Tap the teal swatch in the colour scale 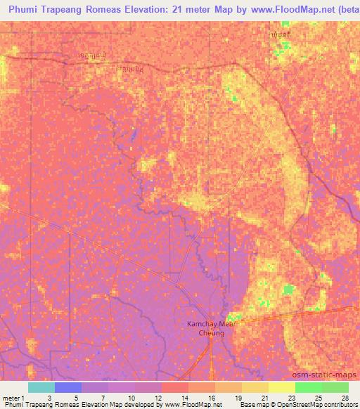pyautogui.click(x=41, y=387)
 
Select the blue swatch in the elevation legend pyautogui.click(x=68, y=387)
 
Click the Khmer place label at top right pyautogui.click(x=280, y=34)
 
